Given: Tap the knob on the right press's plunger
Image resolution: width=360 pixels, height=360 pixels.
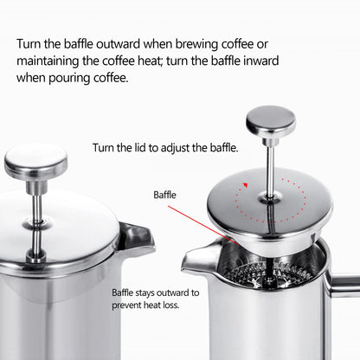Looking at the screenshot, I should tap(270, 120).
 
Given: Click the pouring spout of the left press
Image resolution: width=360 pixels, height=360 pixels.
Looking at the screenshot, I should tap(136, 235).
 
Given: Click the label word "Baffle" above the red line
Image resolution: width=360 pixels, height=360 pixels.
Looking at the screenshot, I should tap(165, 196).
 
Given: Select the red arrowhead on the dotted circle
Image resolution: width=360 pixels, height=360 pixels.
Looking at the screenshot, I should tap(246, 184).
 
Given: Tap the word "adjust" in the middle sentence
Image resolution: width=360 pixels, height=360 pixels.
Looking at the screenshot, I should tap(180, 147).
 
